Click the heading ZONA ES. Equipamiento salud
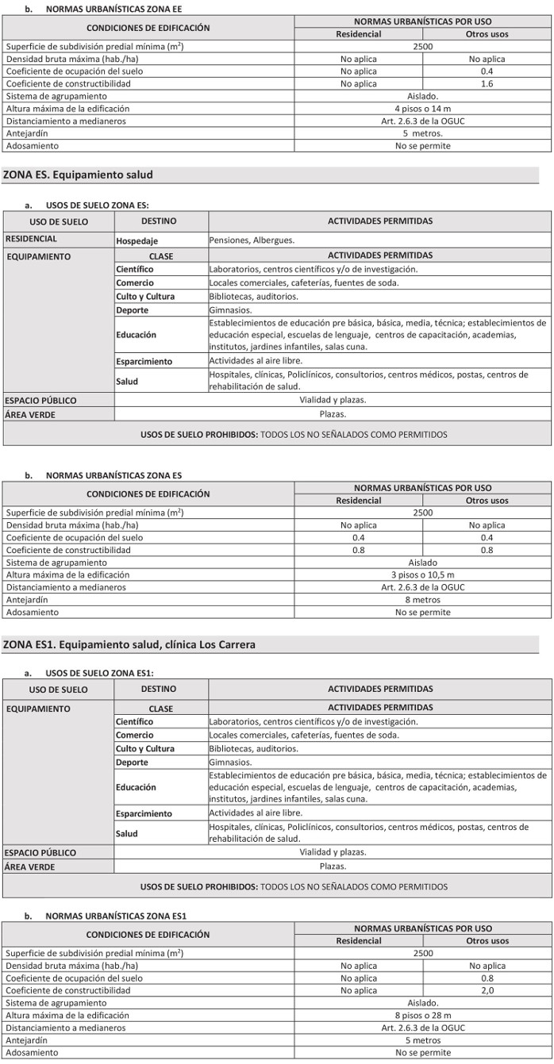click(78, 175)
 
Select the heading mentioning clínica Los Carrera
click(129, 645)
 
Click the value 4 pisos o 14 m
click(422, 109)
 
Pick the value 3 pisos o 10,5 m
click(422, 574)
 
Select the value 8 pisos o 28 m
click(422, 1016)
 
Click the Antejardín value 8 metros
click(422, 600)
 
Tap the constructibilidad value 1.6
click(487, 83)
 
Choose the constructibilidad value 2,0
click(487, 991)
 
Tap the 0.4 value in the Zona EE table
click(487, 71)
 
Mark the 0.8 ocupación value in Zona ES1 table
click(487, 978)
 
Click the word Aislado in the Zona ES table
click(422, 563)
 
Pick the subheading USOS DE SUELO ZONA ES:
click(97, 205)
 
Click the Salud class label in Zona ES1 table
click(126, 834)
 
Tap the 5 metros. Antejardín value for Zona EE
click(422, 133)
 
